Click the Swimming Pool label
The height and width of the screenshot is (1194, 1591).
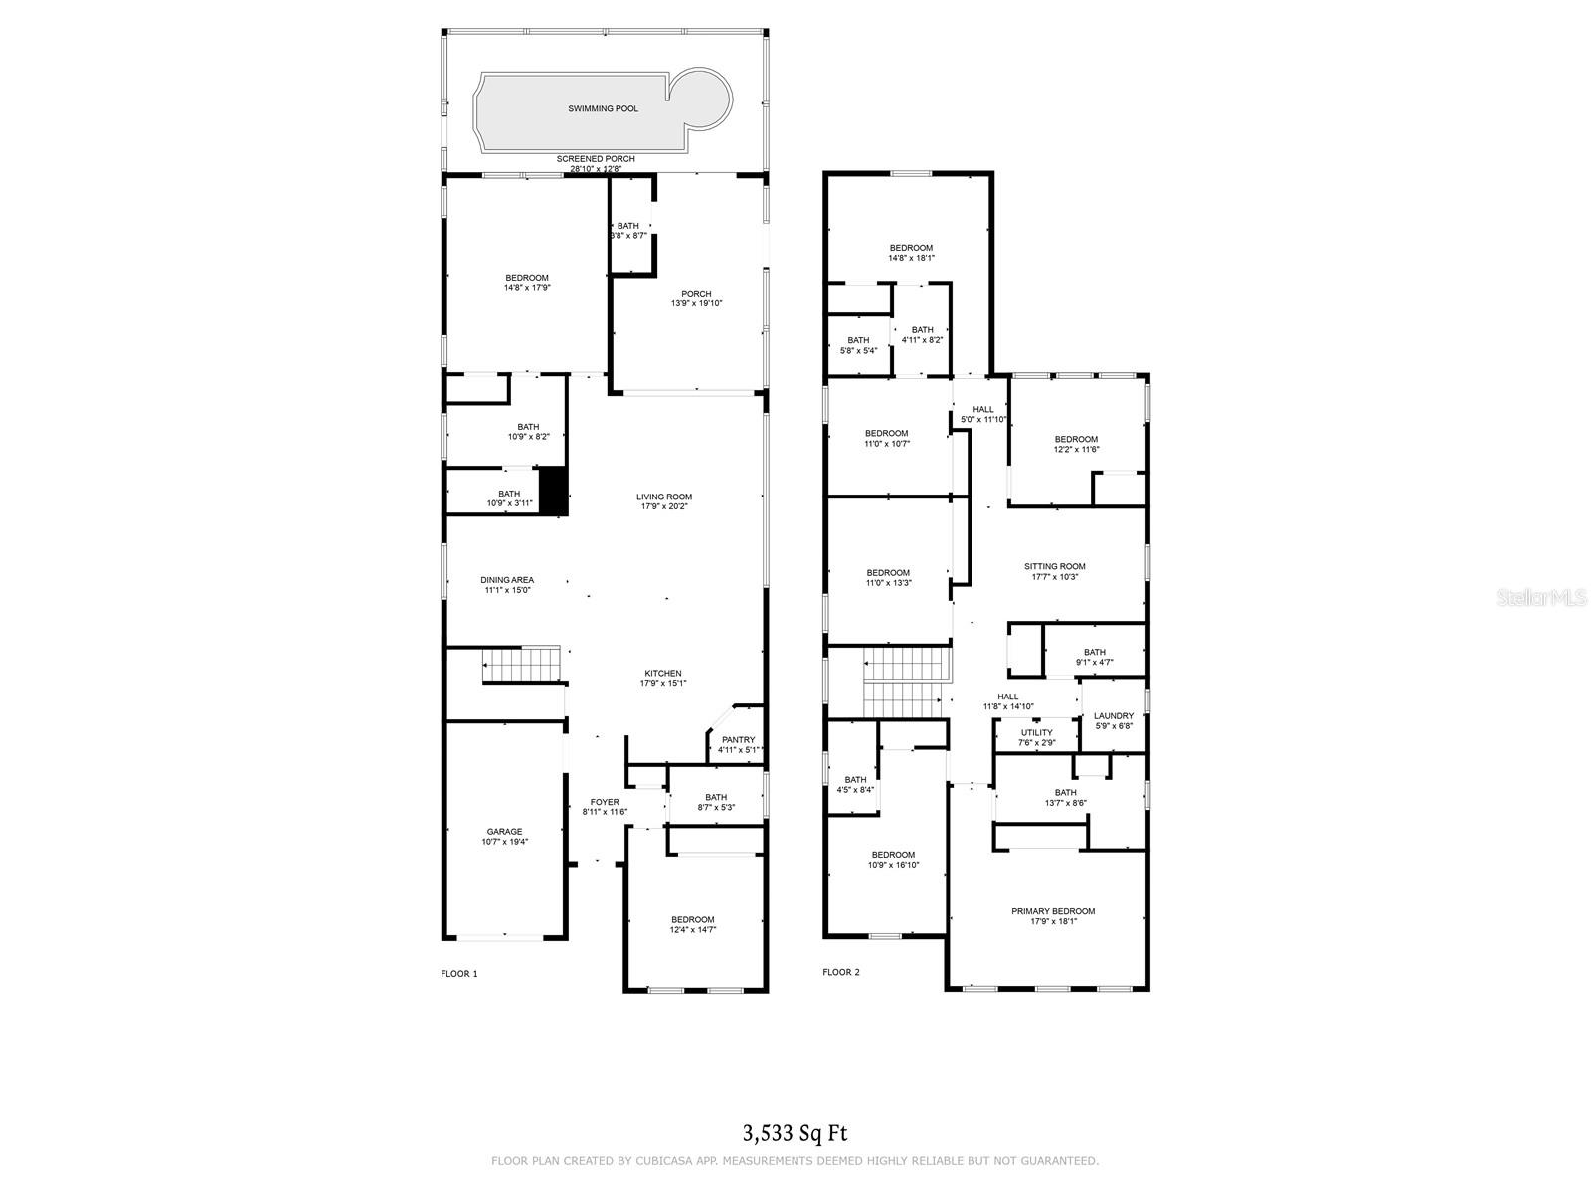click(x=603, y=108)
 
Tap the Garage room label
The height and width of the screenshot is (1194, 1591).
click(x=504, y=832)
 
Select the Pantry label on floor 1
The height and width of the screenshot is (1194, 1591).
click(x=738, y=740)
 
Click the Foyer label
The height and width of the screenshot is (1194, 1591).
click(x=605, y=802)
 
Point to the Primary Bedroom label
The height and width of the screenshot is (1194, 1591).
click(x=1053, y=911)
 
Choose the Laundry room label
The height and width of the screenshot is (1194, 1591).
click(x=1113, y=716)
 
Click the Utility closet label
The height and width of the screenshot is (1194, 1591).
click(x=1035, y=733)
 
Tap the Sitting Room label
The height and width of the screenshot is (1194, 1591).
click(x=1055, y=566)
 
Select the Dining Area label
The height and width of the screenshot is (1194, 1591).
click(x=507, y=580)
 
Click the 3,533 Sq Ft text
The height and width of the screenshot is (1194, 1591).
click(x=795, y=1132)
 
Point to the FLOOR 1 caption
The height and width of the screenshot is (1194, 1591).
click(x=459, y=973)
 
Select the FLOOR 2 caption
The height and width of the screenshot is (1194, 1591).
click(x=841, y=972)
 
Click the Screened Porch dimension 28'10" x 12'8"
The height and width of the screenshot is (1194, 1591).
click(x=596, y=169)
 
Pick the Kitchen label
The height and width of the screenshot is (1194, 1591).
click(x=663, y=674)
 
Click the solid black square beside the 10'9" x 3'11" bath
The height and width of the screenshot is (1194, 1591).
click(x=553, y=491)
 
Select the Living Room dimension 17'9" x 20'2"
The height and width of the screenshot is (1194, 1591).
click(x=664, y=506)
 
